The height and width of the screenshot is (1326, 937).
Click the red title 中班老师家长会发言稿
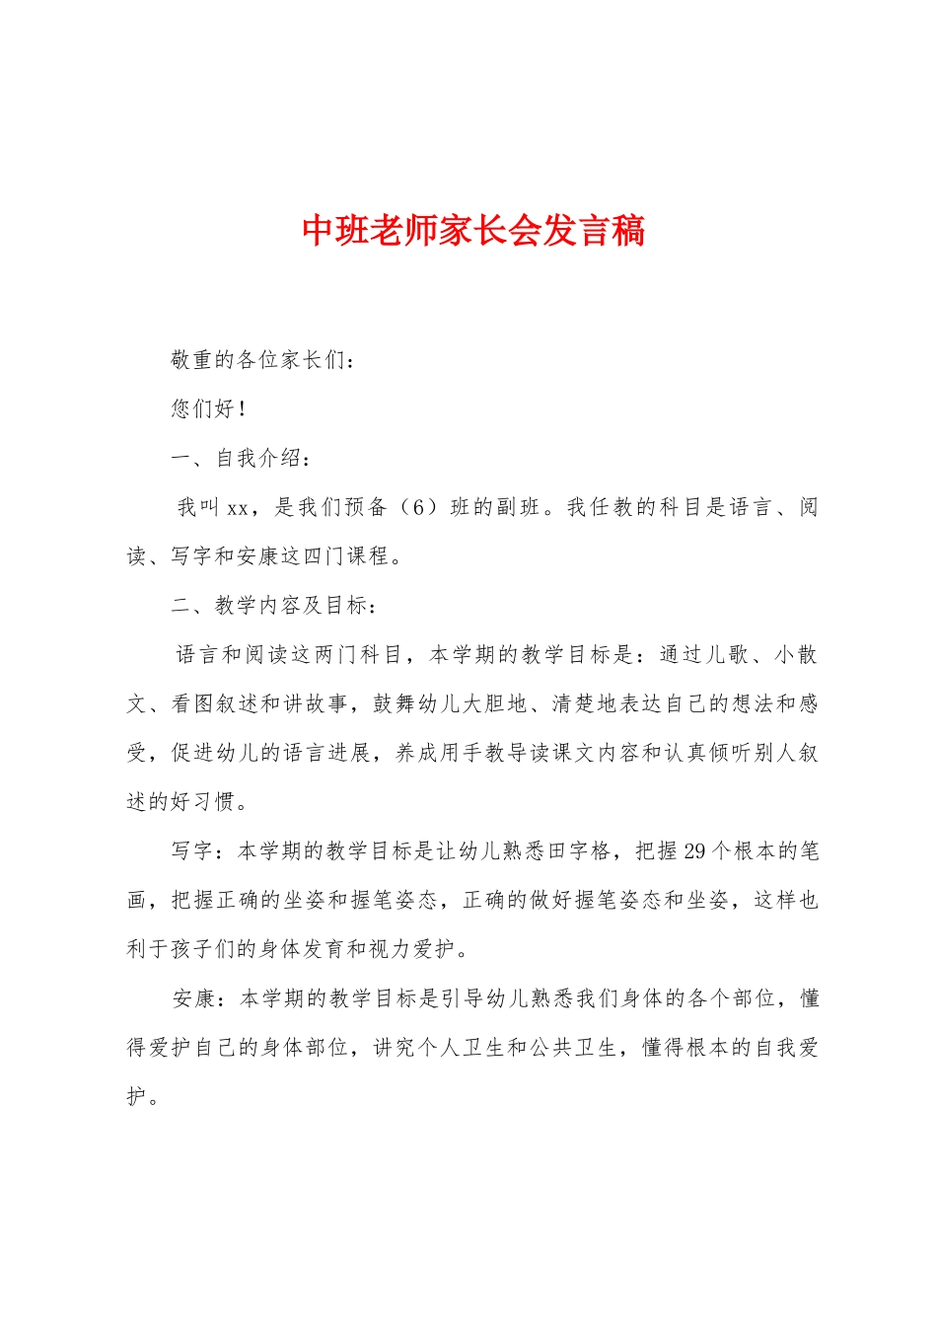point(473,231)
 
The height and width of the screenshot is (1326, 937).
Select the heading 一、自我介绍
point(243,458)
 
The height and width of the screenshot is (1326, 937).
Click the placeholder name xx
point(238,508)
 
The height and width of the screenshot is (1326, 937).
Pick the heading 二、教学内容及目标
point(273,606)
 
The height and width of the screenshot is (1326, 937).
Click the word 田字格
point(587,851)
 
